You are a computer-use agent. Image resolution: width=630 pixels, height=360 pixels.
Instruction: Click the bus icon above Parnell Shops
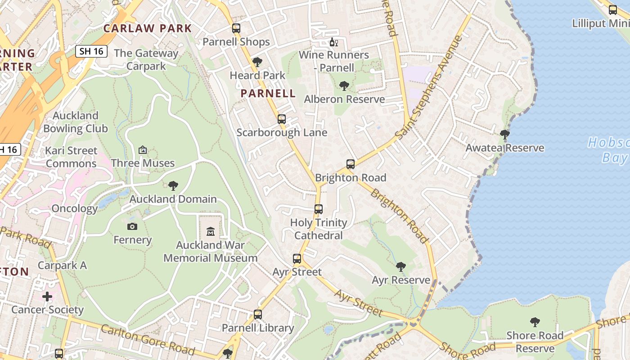point(236,28)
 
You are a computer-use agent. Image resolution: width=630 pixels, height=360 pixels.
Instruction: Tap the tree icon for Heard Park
point(257,62)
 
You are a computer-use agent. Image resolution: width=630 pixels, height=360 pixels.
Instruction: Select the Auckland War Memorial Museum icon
point(210,232)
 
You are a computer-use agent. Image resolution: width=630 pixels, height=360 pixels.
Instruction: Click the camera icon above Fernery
point(132,226)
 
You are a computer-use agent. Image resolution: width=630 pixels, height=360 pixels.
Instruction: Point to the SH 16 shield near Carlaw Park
point(91,51)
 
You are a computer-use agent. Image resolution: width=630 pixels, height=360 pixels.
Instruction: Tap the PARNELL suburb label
point(268,94)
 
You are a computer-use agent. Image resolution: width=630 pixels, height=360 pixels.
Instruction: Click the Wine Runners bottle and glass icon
point(334,42)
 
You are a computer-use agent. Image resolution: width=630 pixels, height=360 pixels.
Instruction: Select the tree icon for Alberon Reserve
point(344,85)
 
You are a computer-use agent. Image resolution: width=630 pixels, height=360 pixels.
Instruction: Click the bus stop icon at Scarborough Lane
point(282,119)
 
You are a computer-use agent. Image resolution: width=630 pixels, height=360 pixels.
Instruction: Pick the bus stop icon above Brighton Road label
point(351,164)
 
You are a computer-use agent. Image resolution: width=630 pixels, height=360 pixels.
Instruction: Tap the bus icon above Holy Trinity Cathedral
point(319,209)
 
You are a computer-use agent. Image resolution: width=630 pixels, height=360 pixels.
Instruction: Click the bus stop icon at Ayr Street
point(297,259)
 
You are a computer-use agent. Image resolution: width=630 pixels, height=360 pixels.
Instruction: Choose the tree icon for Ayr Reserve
point(401,267)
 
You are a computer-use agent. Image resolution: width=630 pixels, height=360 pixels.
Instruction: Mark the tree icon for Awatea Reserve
point(505,134)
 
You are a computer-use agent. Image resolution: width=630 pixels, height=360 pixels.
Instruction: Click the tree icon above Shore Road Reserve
point(535,322)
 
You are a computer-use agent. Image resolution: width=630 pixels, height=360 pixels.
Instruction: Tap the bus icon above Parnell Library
point(258,315)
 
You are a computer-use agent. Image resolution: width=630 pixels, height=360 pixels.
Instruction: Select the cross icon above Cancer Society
point(47,297)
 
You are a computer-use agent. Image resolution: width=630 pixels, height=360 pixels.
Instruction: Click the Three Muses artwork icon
point(143,150)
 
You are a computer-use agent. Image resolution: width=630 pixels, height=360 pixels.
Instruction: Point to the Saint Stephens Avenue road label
point(429,87)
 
